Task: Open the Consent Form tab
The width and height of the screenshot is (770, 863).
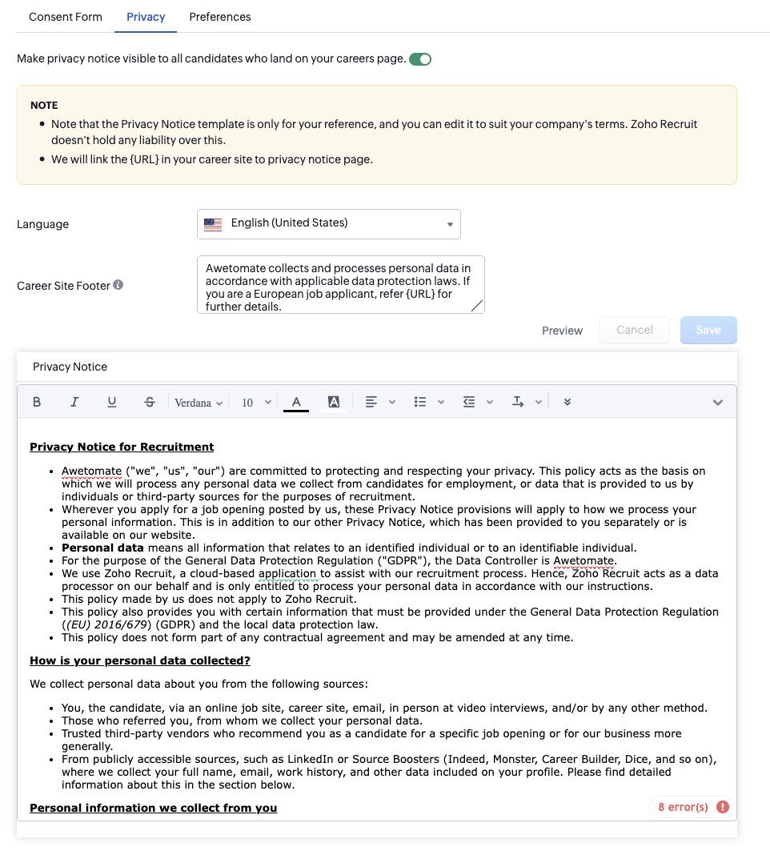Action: click(x=66, y=17)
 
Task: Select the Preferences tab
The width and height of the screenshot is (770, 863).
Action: click(x=220, y=17)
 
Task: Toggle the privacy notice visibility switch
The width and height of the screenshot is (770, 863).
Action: click(x=420, y=58)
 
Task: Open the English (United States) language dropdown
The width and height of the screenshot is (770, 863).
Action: click(x=329, y=224)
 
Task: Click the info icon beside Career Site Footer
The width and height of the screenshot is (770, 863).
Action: click(x=118, y=285)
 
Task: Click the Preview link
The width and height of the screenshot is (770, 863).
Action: click(x=562, y=331)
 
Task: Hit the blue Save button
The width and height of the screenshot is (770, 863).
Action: click(x=708, y=330)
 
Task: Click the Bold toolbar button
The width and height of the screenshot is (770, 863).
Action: click(x=37, y=402)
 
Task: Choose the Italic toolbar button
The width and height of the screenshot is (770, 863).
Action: click(x=74, y=402)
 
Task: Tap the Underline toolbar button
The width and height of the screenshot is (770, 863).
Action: click(x=112, y=402)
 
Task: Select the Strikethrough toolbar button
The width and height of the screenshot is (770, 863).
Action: click(x=150, y=402)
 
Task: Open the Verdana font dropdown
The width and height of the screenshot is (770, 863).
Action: click(x=199, y=403)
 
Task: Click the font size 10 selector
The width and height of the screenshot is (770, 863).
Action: click(x=256, y=403)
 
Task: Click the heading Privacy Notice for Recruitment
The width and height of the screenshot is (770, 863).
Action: click(x=122, y=447)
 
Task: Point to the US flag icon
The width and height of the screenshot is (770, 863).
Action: click(x=213, y=224)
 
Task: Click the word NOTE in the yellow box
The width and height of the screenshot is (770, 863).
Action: click(x=44, y=105)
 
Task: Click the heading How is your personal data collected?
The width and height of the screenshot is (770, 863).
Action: click(x=140, y=660)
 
